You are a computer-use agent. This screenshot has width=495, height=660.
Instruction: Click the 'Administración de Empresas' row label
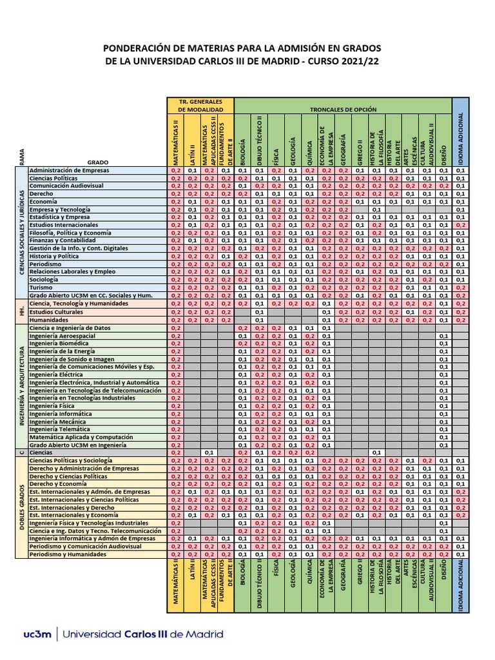click(70, 170)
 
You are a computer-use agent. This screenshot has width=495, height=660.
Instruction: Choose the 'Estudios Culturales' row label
click(57, 311)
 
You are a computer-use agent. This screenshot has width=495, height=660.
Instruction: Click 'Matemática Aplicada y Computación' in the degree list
click(81, 437)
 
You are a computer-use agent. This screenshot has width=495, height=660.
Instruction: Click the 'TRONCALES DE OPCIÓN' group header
click(343, 110)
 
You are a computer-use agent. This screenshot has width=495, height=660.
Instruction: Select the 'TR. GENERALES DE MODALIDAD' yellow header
click(200, 106)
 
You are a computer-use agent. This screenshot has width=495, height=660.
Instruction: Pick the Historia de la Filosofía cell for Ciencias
click(378, 452)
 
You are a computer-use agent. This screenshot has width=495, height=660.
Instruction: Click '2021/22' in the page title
click(358, 61)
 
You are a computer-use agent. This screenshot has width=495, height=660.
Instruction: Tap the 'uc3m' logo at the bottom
click(37, 634)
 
